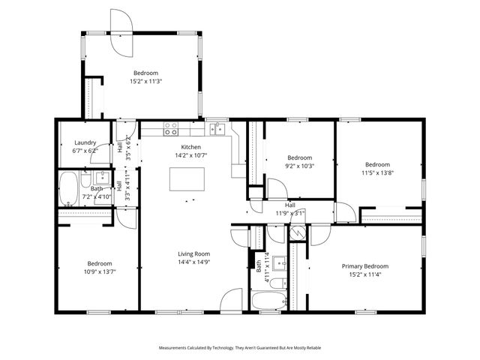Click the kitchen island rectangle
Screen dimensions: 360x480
click(x=187, y=179)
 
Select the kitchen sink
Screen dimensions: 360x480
click(x=217, y=128)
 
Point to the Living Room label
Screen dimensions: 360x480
click(x=193, y=253)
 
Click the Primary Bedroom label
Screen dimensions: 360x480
click(x=365, y=266)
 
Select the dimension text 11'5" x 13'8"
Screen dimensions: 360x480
click(x=377, y=173)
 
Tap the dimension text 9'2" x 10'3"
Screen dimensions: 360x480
click(x=298, y=166)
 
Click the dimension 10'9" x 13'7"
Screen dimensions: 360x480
click(x=99, y=272)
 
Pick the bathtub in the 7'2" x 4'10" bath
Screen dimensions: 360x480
click(x=68, y=188)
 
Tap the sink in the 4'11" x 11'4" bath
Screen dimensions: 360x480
click(x=280, y=262)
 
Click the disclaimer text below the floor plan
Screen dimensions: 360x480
click(x=240, y=348)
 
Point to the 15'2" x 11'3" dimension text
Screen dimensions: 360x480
click(x=146, y=81)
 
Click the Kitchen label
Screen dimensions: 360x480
click(x=190, y=147)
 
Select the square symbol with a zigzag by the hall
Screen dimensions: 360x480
click(x=298, y=231)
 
